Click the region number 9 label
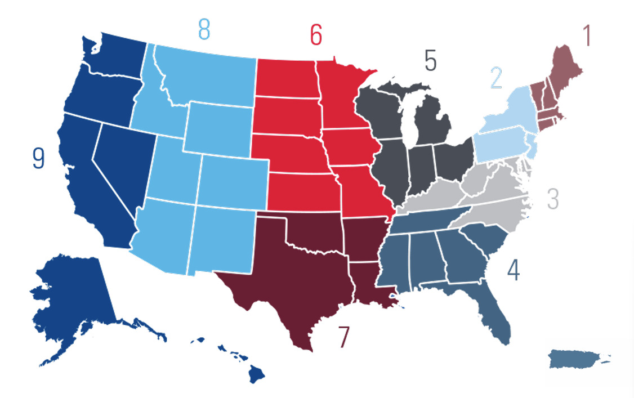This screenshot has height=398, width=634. pos(38,158)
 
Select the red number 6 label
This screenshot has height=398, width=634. pos(315,35)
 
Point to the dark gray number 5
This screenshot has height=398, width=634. pos(430,61)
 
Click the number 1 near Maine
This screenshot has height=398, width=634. pos(587,36)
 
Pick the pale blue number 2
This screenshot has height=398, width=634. pos(495,78)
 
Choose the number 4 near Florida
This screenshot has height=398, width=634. pos(513,271)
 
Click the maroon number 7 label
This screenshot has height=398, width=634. pos(343,337)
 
